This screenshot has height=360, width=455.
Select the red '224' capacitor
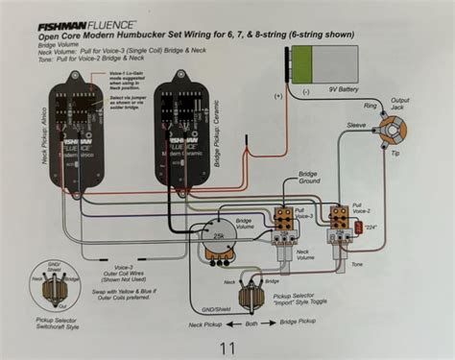point(357,228)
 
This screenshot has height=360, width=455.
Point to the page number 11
point(227,347)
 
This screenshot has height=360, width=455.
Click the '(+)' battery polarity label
point(278,95)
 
